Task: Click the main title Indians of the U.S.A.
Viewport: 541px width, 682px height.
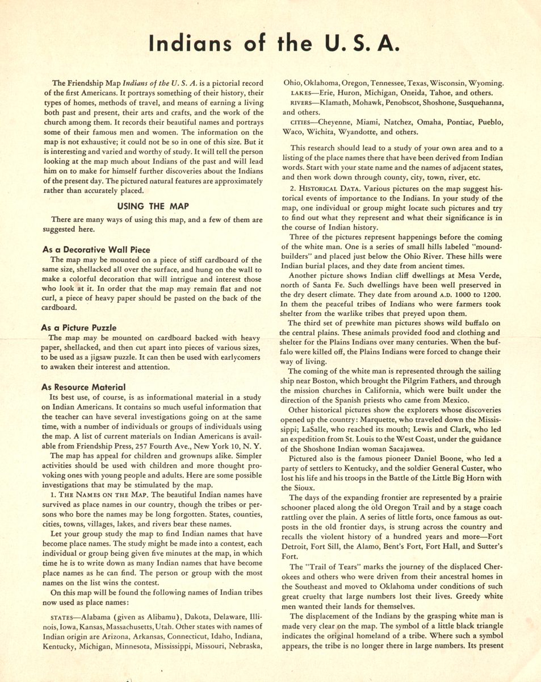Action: (x=270, y=43)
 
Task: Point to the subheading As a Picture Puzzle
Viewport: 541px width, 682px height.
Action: (x=79, y=327)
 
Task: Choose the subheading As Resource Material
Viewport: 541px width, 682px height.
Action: (x=83, y=387)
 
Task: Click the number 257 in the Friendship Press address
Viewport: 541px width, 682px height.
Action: (x=159, y=446)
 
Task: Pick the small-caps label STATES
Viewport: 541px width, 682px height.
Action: (x=61, y=616)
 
